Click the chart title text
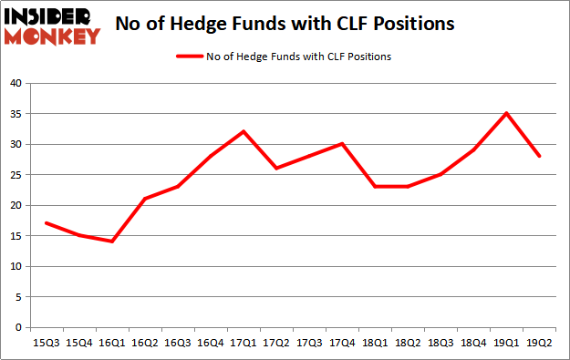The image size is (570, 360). (285, 25)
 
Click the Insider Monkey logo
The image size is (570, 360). (53, 26)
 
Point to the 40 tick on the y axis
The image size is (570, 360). (15, 83)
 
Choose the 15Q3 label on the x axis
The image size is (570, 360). (45, 343)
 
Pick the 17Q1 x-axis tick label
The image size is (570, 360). (243, 343)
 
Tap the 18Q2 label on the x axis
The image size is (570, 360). (407, 343)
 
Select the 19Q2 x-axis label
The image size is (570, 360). (539, 343)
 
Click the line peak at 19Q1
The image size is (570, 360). (506, 113)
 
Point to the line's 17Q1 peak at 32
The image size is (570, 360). (243, 131)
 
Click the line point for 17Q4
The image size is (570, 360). (341, 144)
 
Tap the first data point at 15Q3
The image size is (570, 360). (45, 223)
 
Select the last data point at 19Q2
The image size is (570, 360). (539, 156)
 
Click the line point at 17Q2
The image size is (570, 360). (275, 169)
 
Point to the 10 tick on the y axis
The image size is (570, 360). (15, 267)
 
